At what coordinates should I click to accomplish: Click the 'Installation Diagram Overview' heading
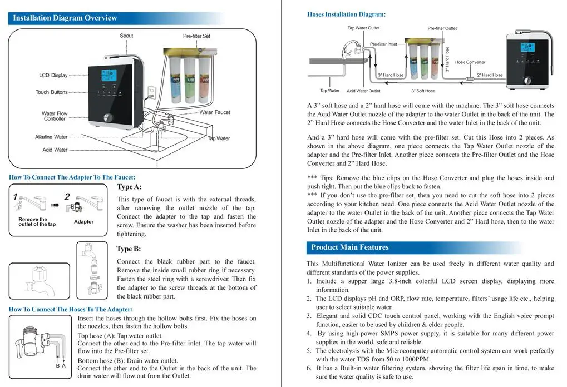[x=65, y=18]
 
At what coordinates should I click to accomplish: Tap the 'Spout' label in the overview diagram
[x=126, y=36]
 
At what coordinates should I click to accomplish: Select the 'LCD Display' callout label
[x=53, y=75]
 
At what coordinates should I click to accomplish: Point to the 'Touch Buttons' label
[x=51, y=92]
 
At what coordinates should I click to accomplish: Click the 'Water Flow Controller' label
[x=55, y=116]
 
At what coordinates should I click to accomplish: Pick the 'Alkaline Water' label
[x=51, y=137]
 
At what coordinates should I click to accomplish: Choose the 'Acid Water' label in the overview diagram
[x=55, y=150]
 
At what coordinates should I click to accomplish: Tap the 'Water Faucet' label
[x=214, y=112]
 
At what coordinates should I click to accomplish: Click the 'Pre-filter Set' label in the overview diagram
[x=196, y=36]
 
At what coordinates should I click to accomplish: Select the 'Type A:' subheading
[x=129, y=187]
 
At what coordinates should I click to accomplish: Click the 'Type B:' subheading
[x=129, y=249]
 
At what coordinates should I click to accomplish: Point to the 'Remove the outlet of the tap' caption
[x=37, y=222]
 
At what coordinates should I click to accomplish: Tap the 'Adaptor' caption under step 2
[x=83, y=222]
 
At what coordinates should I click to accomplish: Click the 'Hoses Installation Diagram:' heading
[x=346, y=14]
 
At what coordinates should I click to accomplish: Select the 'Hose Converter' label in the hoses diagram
[x=470, y=62]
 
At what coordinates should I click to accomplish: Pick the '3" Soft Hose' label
[x=423, y=91]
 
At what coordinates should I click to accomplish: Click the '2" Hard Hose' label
[x=490, y=75]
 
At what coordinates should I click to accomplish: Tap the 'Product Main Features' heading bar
[x=350, y=247]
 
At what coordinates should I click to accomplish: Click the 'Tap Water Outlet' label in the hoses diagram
[x=363, y=28]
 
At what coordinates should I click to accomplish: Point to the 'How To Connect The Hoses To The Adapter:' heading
[x=71, y=309]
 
